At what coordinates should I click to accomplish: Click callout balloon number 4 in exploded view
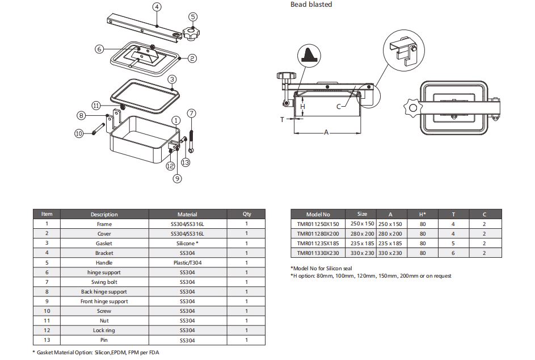coord(157,7)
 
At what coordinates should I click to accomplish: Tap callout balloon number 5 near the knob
coord(193,17)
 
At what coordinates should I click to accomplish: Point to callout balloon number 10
coord(79,133)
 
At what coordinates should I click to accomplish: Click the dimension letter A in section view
coord(326,132)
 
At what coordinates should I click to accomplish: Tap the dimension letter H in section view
coord(303,107)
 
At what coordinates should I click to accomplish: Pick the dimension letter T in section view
coord(282,119)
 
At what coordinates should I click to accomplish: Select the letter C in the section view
coord(339,106)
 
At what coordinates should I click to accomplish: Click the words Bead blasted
coord(311,5)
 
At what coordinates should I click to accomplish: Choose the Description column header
coord(104,215)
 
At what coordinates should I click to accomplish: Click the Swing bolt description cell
coord(104,282)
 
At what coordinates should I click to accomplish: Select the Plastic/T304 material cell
coord(187,263)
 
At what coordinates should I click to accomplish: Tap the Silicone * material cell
coord(187,244)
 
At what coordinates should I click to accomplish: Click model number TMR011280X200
coord(318,234)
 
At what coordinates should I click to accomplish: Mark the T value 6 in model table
coord(453,253)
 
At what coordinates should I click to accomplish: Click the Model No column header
coord(318,215)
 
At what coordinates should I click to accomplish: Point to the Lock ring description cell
coord(104,330)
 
